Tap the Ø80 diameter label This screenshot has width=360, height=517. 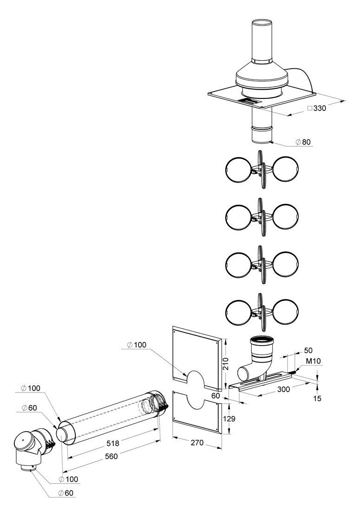(303, 142)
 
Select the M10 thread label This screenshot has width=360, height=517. (313, 361)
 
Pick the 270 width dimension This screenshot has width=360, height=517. (197, 443)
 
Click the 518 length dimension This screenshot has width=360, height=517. (113, 444)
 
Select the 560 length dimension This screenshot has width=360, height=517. (111, 456)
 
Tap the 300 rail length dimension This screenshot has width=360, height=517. (283, 389)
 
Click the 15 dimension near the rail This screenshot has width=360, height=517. (317, 398)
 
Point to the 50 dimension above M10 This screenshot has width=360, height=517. (308, 350)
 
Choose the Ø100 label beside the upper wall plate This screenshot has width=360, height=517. (137, 345)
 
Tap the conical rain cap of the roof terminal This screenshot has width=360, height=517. (262, 74)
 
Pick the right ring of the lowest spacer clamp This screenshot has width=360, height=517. (286, 312)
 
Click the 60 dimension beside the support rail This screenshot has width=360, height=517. (216, 396)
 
